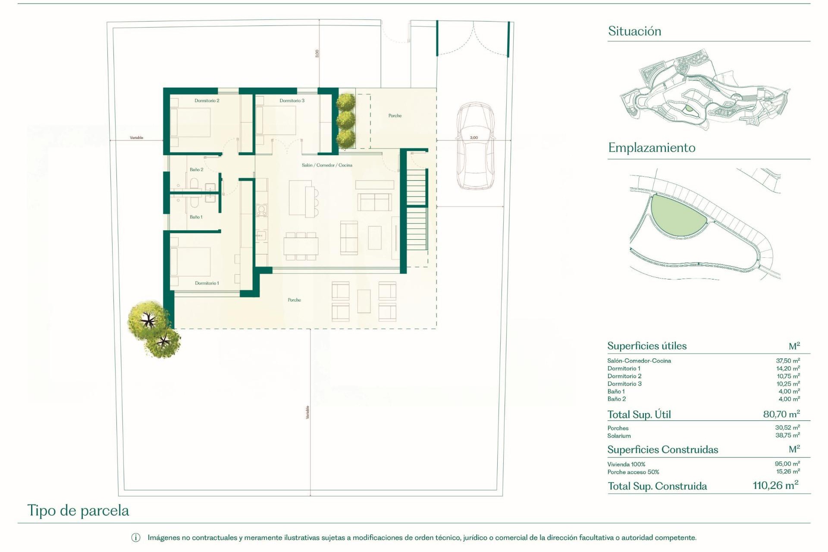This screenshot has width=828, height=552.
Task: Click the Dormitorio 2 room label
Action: (207, 100)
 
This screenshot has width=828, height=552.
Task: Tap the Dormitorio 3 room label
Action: (292, 100)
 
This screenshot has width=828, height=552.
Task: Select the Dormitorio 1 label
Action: (207, 283)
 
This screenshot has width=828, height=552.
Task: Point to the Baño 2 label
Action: (196, 169)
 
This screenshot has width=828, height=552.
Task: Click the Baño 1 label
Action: (196, 217)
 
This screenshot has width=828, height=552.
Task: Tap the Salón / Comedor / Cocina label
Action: (327, 165)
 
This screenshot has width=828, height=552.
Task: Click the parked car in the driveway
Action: (475, 147)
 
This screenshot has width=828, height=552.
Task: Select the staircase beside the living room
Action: (417, 211)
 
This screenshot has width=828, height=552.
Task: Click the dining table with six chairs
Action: (301, 246)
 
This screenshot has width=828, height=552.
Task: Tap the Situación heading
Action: (634, 31)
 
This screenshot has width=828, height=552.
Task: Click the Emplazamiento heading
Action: (651, 148)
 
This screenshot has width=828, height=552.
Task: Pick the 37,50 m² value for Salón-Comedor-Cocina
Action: (787, 361)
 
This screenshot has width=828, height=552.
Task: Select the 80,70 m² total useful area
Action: (781, 414)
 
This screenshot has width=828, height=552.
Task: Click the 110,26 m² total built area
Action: (775, 486)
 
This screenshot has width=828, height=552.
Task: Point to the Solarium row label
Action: (619, 436)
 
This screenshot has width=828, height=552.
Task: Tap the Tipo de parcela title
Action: (78, 511)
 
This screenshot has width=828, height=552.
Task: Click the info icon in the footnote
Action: (135, 538)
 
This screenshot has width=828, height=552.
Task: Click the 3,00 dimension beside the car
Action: (474, 138)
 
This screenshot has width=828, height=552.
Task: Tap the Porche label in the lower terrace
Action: (294, 300)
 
